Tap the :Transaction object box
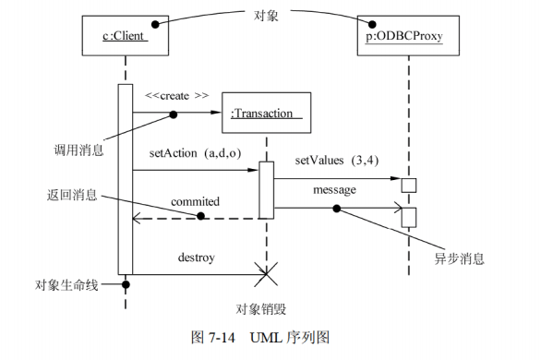tap(265, 114)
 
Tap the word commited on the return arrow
tap(195, 200)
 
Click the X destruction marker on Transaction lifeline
tap(266, 274)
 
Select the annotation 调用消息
tap(79, 148)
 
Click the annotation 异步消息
tap(459, 259)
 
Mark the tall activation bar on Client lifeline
tap(125, 180)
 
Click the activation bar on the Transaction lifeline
tap(266, 190)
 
